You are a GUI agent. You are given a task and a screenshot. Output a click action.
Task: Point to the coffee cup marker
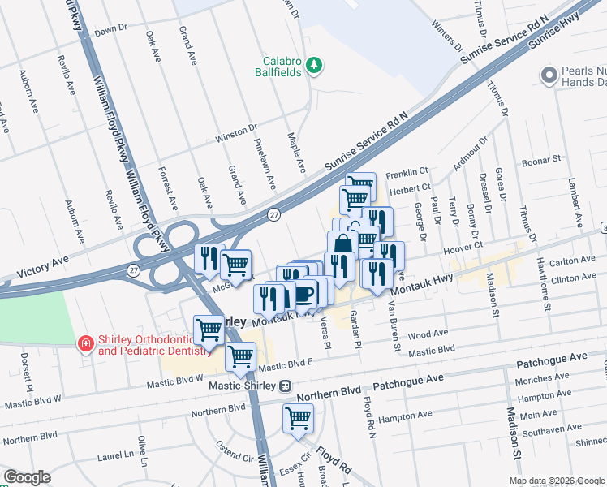305,295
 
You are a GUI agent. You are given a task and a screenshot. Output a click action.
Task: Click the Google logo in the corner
26,477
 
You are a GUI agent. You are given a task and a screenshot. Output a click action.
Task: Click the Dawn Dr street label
111,28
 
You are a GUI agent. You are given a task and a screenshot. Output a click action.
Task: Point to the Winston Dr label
236,134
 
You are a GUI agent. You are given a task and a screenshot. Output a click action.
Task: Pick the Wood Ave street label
428,334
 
